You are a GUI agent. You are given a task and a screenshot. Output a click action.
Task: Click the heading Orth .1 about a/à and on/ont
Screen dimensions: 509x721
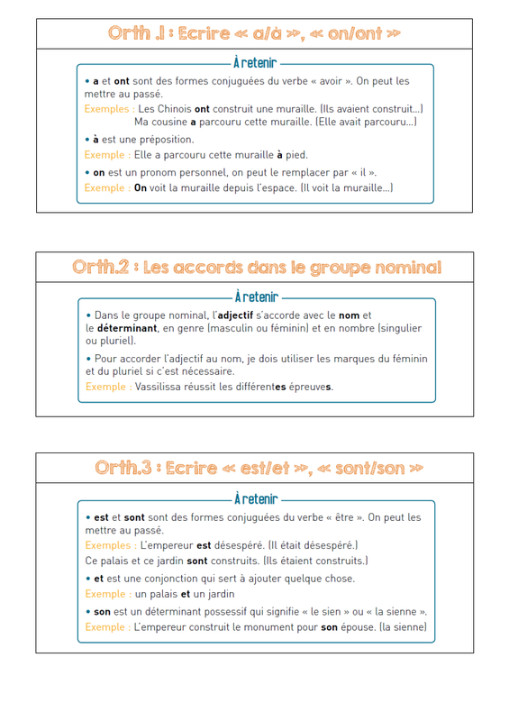pyautogui.click(x=254, y=33)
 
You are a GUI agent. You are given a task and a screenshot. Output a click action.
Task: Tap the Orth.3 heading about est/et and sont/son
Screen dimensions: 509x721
pyautogui.click(x=259, y=468)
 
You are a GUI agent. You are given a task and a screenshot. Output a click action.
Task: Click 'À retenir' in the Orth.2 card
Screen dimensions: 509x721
pyautogui.click(x=257, y=297)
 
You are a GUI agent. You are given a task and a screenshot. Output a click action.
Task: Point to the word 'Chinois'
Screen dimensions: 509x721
pyautogui.click(x=174, y=109)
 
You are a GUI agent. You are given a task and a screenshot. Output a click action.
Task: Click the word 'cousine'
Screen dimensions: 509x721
pyautogui.click(x=169, y=122)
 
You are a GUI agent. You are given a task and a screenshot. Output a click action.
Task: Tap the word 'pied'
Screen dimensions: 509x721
pyautogui.click(x=296, y=155)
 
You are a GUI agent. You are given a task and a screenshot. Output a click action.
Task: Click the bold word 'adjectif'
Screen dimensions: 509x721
pyautogui.click(x=235, y=315)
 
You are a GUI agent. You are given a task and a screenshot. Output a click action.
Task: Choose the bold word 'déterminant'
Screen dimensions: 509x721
pyautogui.click(x=127, y=328)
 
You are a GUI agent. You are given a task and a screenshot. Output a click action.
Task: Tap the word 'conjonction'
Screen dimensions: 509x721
pyautogui.click(x=171, y=579)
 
